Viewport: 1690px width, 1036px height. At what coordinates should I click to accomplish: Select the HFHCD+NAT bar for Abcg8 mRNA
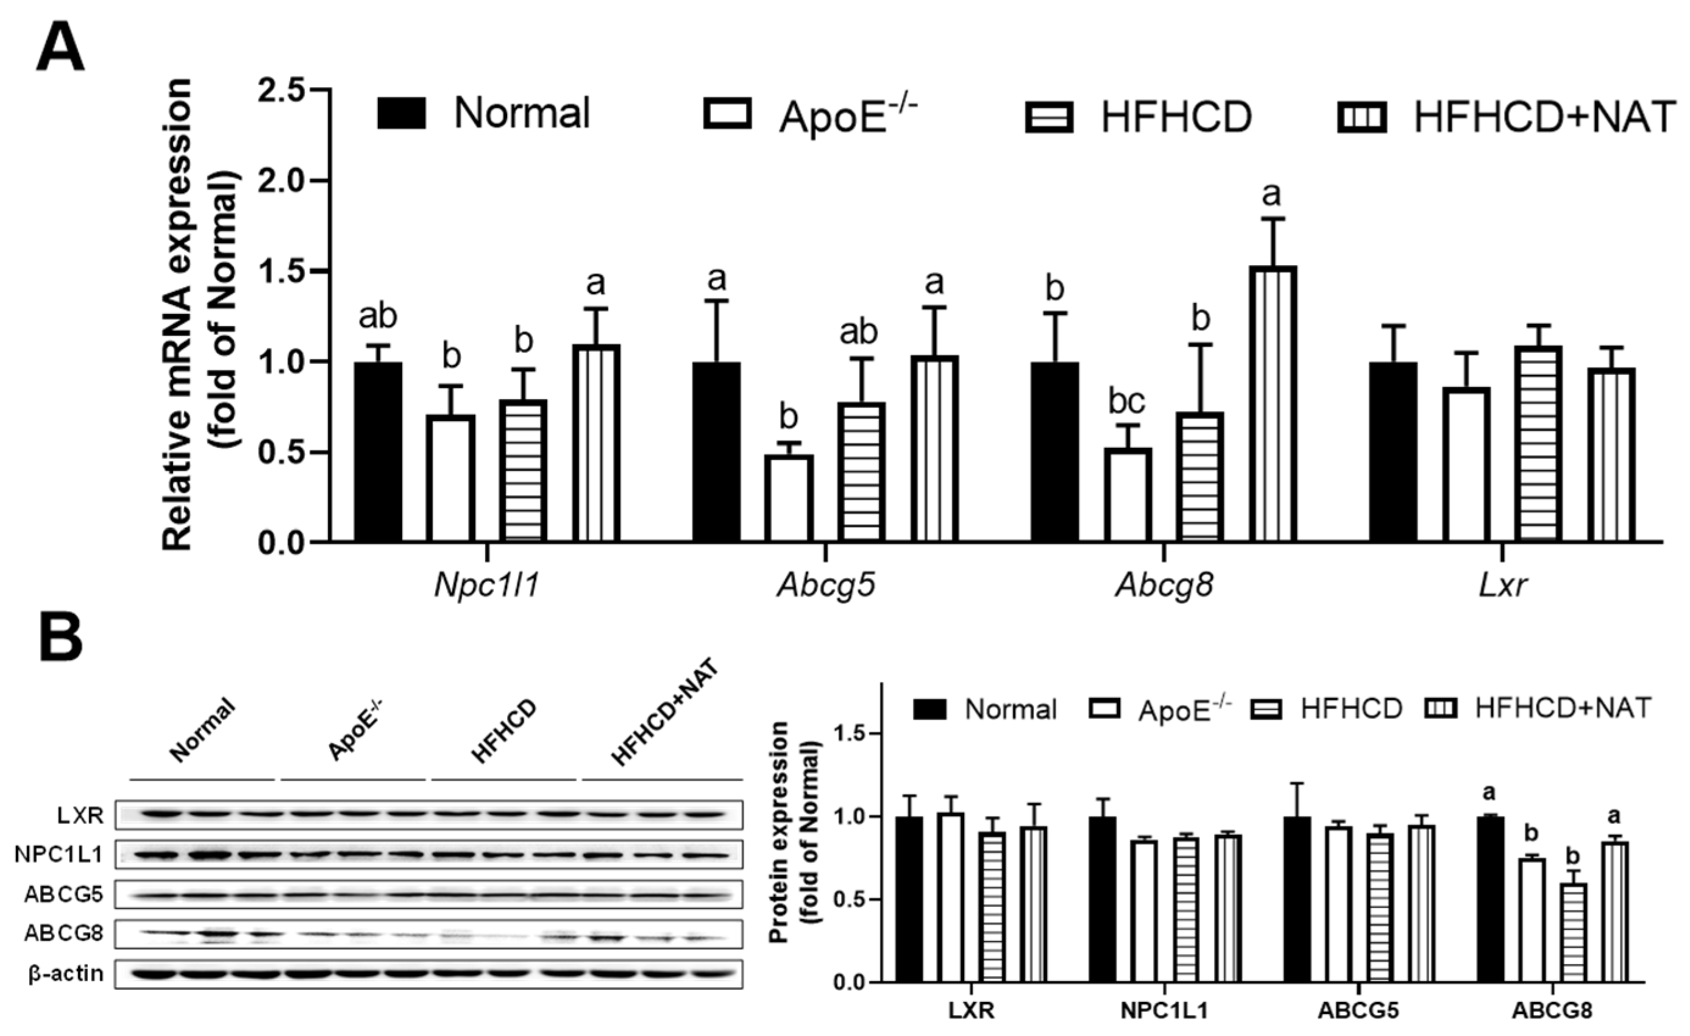pos(1272,405)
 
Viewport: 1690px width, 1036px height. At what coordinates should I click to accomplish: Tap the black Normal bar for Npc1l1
pos(378,453)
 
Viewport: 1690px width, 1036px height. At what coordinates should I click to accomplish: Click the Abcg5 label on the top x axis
pos(826,586)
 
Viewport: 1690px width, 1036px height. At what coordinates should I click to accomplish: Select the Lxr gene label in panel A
pos(1503,586)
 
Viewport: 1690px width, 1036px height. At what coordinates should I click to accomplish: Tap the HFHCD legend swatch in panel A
pos(1049,116)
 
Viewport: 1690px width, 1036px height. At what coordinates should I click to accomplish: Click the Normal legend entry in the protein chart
pos(984,709)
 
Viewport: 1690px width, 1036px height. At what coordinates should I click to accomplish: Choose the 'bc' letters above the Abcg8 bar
pos(1127,401)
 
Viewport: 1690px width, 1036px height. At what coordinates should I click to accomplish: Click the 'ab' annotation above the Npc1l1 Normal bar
pos(378,317)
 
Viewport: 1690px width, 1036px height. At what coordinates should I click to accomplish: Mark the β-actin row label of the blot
pos(66,974)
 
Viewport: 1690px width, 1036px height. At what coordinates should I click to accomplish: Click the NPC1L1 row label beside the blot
pos(59,854)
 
